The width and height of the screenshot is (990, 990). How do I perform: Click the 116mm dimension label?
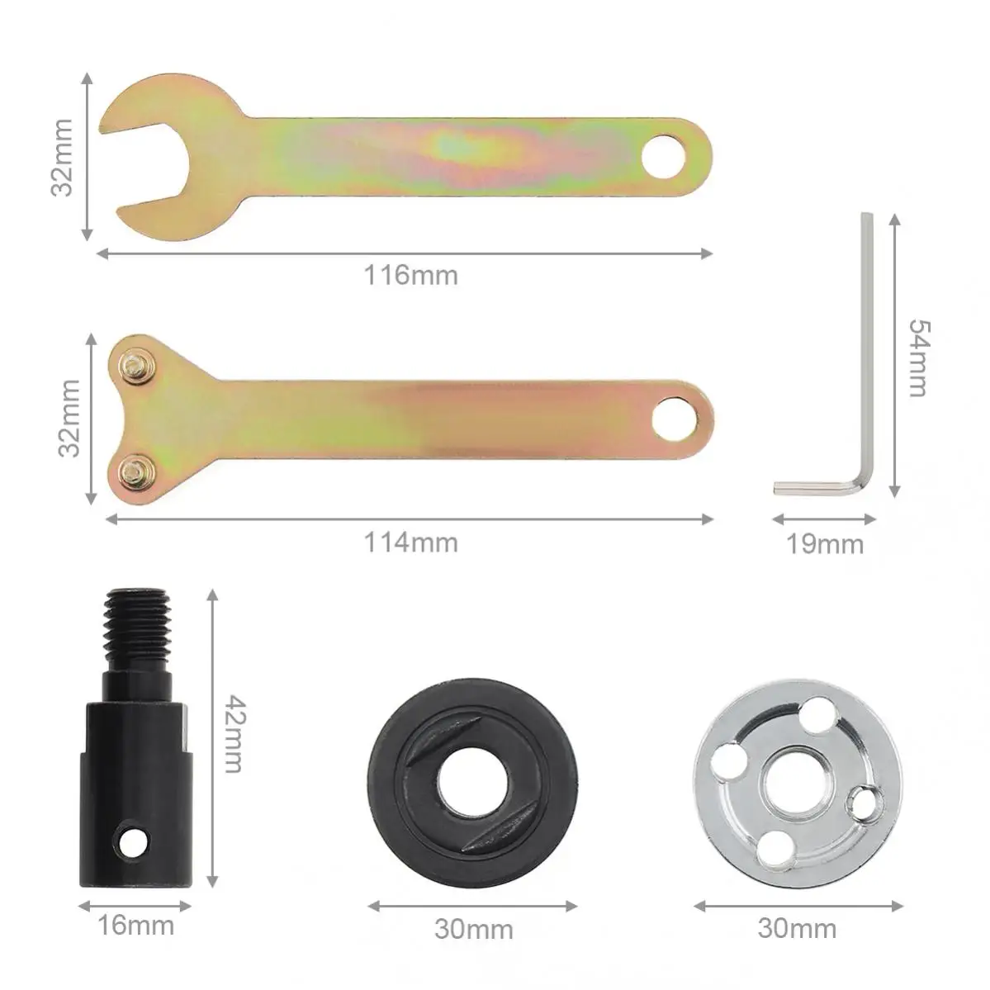click(410, 276)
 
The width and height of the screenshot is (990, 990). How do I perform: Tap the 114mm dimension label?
click(410, 543)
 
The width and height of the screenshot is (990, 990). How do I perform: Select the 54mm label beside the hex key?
click(919, 358)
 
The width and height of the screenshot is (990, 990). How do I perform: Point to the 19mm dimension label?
click(825, 544)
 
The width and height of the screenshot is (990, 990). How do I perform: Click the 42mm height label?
click(234, 734)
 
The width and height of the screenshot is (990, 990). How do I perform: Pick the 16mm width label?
click(135, 926)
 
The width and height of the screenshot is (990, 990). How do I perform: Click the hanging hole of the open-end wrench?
click(664, 157)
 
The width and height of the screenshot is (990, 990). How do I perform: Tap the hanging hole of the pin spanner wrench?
click(674, 419)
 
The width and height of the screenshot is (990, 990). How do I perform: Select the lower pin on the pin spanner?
click(135, 470)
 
